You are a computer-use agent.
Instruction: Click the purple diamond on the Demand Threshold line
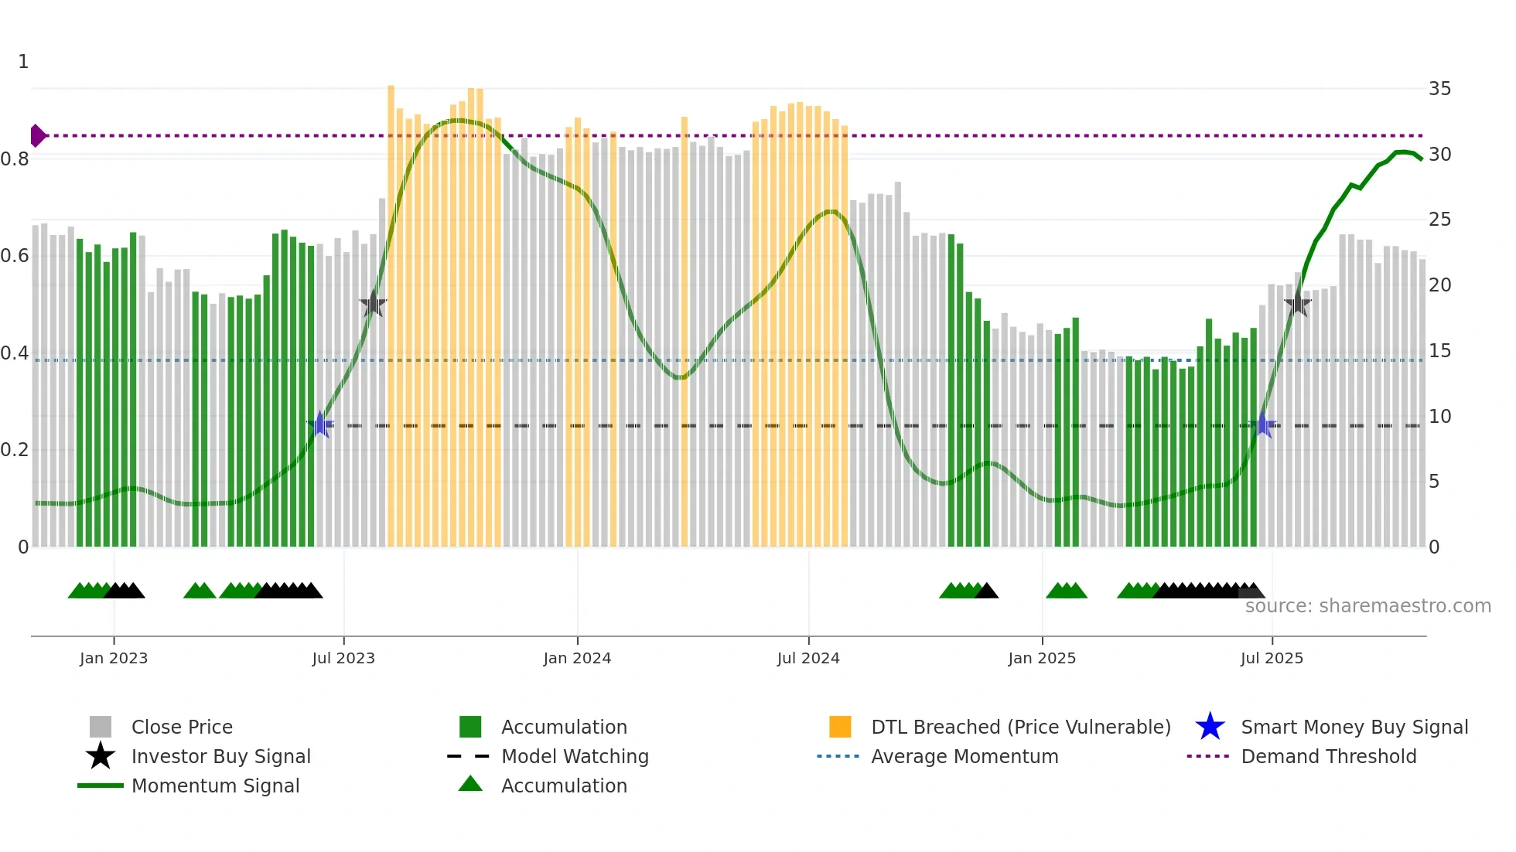pyautogui.click(x=37, y=136)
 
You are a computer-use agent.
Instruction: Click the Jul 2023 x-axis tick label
pyautogui.click(x=343, y=659)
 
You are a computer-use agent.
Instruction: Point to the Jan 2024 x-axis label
pyautogui.click(x=577, y=659)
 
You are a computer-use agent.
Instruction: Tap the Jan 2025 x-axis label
pyautogui.click(x=1042, y=659)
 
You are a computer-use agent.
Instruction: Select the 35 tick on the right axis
pyautogui.click(x=1439, y=89)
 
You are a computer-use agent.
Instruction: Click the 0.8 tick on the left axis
pyautogui.click(x=15, y=159)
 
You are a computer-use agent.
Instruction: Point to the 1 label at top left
pyautogui.click(x=23, y=62)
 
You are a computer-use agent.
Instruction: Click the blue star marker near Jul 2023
pyautogui.click(x=320, y=425)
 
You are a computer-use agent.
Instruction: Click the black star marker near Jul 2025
pyautogui.click(x=1297, y=304)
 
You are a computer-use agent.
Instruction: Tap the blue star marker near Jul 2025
pyautogui.click(x=1263, y=425)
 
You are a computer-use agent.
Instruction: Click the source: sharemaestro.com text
pyautogui.click(x=1367, y=606)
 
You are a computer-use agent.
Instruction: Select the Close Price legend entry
pyautogui.click(x=182, y=728)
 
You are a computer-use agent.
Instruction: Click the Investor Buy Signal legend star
pyautogui.click(x=101, y=756)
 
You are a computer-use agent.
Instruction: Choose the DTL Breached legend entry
pyautogui.click(x=1020, y=728)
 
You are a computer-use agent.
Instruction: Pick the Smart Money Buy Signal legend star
pyautogui.click(x=1210, y=728)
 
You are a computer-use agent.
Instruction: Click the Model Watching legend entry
pyautogui.click(x=574, y=757)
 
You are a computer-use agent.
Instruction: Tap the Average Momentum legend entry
pyautogui.click(x=964, y=757)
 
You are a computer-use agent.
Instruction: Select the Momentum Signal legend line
pyautogui.click(x=101, y=786)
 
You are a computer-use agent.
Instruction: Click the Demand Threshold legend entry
pyautogui.click(x=1328, y=757)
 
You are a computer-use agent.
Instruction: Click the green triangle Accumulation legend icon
pyautogui.click(x=470, y=785)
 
